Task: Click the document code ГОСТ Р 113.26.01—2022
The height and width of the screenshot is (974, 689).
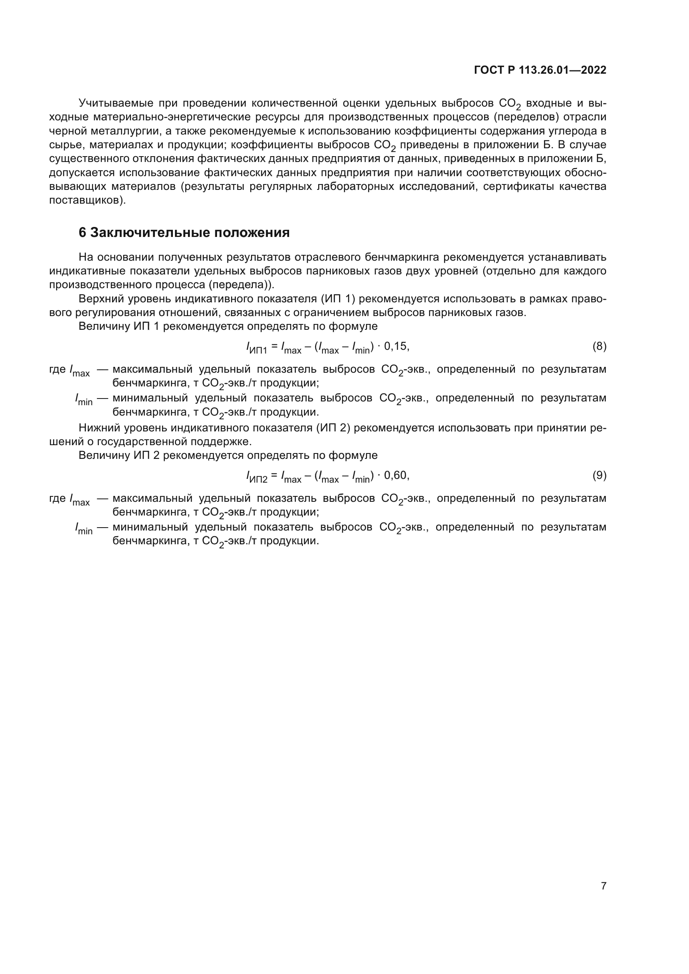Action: [539, 70]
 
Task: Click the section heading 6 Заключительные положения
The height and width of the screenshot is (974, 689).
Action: [184, 232]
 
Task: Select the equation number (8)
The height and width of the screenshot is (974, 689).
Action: [599, 346]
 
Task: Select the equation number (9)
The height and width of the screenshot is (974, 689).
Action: [599, 476]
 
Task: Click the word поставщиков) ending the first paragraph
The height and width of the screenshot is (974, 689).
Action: [87, 200]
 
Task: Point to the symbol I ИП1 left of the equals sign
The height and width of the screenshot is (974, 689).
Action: [256, 348]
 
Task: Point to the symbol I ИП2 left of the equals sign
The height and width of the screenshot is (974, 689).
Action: [256, 477]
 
